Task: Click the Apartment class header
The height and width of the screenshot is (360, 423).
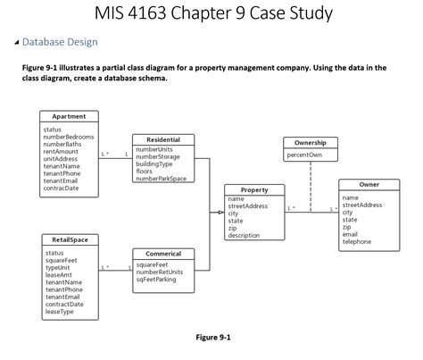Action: (x=69, y=116)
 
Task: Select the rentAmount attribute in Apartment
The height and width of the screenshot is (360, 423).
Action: (x=61, y=151)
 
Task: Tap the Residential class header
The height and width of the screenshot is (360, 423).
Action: (x=163, y=139)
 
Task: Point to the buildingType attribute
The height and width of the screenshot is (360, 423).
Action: (x=154, y=164)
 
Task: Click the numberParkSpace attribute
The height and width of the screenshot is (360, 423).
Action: (x=162, y=179)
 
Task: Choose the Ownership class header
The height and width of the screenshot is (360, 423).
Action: (x=310, y=143)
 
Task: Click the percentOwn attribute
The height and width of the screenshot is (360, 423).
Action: (x=304, y=155)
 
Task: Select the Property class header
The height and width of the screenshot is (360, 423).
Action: (x=254, y=189)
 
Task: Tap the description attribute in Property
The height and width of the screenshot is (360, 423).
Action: (x=244, y=235)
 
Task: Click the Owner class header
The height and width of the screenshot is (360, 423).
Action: (x=369, y=184)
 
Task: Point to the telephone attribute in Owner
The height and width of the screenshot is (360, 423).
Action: (x=357, y=241)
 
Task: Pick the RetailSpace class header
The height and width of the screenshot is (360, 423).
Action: (x=69, y=240)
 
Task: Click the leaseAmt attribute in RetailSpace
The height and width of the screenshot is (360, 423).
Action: (x=58, y=275)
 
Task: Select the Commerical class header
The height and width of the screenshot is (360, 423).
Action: (x=163, y=254)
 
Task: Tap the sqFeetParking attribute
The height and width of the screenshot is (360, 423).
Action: (x=156, y=280)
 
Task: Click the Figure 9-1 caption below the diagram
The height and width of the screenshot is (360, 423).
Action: (x=212, y=338)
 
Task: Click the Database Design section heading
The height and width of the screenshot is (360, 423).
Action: (x=58, y=41)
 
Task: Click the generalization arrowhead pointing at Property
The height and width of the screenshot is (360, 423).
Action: (x=220, y=213)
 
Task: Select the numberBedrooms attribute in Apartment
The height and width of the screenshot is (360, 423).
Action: (x=68, y=137)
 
